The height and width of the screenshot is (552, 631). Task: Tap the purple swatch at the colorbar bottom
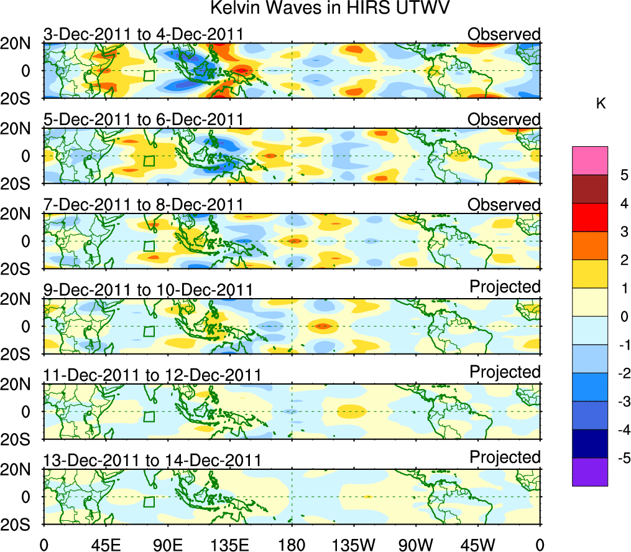[589, 472]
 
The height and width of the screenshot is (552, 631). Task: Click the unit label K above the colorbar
[601, 104]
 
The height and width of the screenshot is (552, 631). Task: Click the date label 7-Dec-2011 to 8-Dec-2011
[143, 205]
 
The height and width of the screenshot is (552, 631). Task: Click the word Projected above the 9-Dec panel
[505, 287]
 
